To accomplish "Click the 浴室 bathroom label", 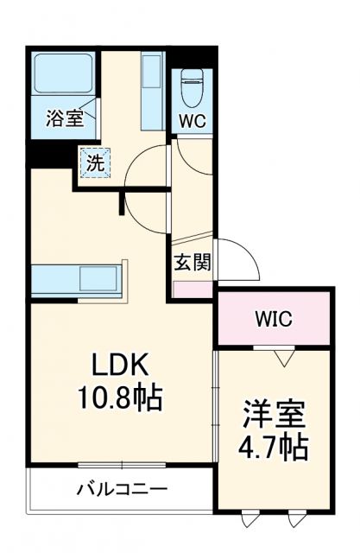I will tap(65, 119).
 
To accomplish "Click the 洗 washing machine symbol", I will tap(93, 161).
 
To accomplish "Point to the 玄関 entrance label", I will tap(193, 263).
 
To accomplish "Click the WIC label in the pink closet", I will tap(273, 318).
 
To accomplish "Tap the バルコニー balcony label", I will tap(122, 489).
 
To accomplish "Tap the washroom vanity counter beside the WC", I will tap(151, 91).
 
